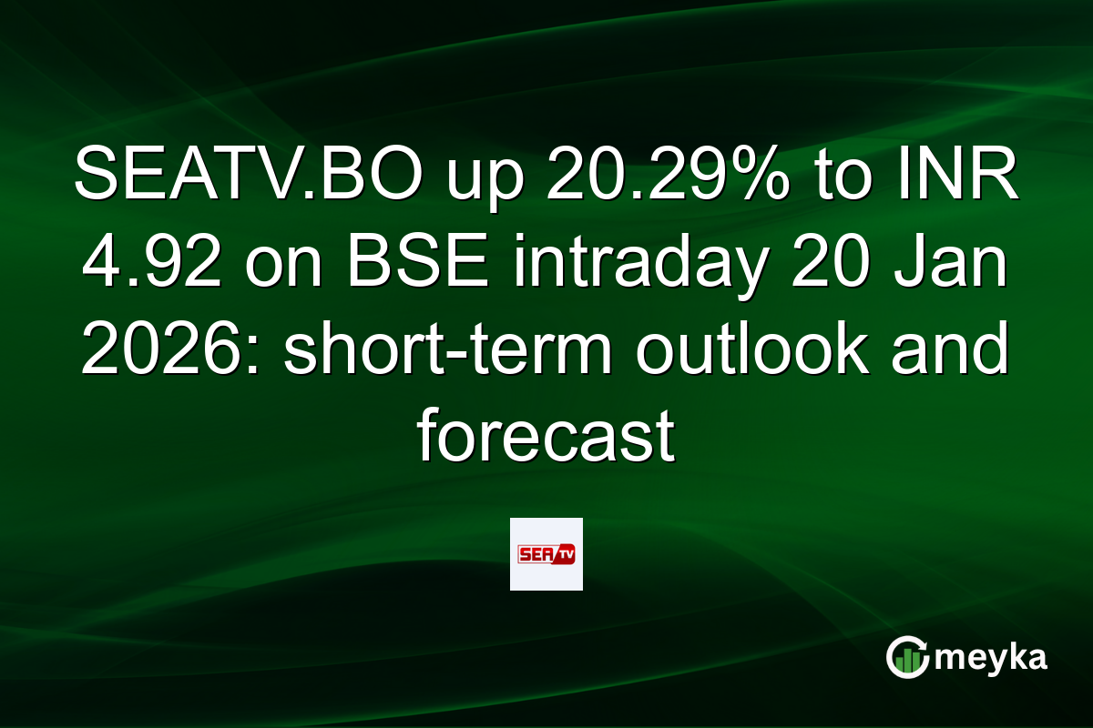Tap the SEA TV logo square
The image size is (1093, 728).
[546, 554]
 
